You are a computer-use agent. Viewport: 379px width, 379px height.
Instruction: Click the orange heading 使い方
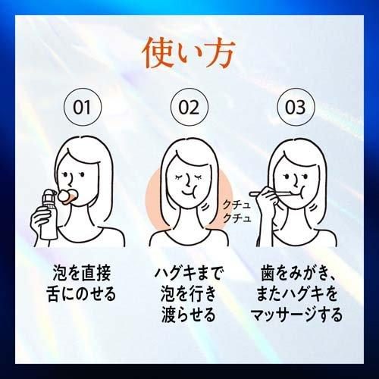pos(189,54)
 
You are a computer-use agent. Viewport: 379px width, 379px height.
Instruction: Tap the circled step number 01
pos(83,107)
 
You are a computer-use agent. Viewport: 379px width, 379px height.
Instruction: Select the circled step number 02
pos(189,107)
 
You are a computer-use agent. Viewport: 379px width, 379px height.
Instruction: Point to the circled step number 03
pos(296,107)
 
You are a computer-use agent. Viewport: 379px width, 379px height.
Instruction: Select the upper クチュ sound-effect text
pos(236,205)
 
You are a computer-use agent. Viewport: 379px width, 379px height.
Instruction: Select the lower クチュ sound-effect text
pos(236,218)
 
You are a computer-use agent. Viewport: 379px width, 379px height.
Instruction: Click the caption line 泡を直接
pos(82,273)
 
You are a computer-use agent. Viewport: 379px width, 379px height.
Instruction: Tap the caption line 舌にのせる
pos(81,294)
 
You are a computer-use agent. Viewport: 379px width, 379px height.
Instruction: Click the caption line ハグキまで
pos(189,273)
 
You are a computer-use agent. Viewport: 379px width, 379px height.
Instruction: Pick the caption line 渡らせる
pos(189,315)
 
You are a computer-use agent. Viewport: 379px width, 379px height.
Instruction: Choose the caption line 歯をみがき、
pos(298,273)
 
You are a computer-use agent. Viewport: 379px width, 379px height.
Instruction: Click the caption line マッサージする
pos(296,315)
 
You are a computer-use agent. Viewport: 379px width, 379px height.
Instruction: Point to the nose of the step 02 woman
pos(188,180)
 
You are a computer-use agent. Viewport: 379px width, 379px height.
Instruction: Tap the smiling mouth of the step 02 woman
pos(189,193)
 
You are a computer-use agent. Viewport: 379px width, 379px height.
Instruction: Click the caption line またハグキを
pos(296,294)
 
